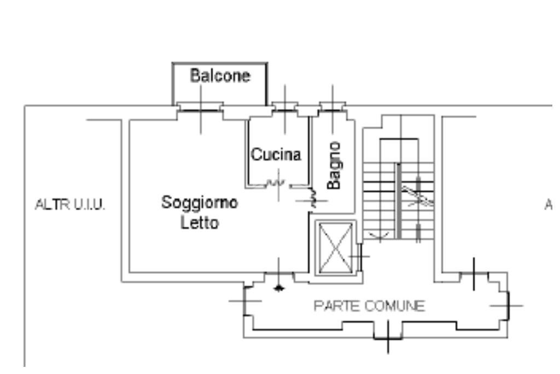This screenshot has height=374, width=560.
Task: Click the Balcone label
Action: [220, 76]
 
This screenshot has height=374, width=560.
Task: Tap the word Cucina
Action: [276, 155]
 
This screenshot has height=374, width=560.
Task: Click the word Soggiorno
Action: [200, 203]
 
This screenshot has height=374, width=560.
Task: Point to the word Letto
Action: [200, 223]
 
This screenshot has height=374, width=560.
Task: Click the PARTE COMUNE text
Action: [369, 306]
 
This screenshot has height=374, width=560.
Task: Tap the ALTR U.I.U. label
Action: [70, 205]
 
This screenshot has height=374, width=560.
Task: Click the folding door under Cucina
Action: [275, 183]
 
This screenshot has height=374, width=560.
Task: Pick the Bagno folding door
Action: [314, 198]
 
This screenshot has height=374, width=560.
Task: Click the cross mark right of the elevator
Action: [359, 255]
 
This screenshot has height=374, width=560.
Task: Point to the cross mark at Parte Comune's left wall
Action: [244, 301]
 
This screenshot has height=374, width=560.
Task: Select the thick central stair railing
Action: [399, 200]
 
